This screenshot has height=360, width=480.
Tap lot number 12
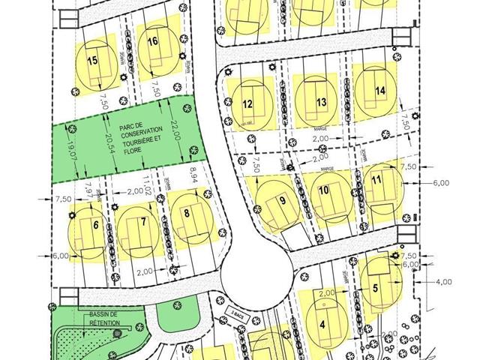coord(247,104)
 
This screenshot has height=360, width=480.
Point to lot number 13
coord(321,102)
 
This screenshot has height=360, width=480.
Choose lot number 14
coord(380,91)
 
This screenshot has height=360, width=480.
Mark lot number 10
coord(323,190)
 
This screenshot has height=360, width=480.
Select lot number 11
coord(376,180)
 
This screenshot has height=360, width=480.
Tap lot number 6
coord(96,223)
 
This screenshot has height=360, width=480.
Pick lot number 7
coord(142,223)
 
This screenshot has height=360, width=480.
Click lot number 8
coord(186,213)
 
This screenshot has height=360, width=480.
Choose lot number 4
coord(322,325)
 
